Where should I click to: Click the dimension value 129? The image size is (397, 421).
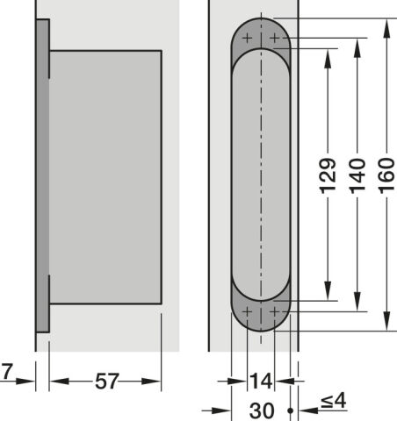(x=328, y=175)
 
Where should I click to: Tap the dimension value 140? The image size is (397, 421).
(x=357, y=175)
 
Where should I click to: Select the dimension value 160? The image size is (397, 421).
(x=387, y=175)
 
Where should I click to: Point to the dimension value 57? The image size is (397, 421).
(x=107, y=381)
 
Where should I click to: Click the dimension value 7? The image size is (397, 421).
(x=7, y=372)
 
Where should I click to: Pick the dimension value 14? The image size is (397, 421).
(x=261, y=381)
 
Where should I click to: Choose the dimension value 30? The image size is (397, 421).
(x=262, y=410)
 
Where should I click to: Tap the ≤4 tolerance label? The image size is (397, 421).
(x=334, y=401)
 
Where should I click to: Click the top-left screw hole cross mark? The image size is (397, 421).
(x=247, y=38)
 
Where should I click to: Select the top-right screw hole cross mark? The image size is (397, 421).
(x=275, y=38)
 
